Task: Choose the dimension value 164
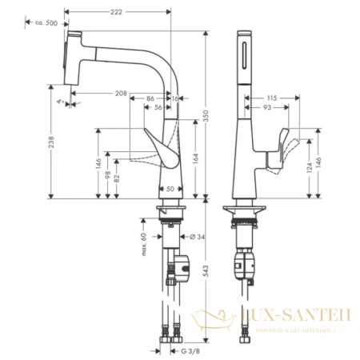point(195,158)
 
